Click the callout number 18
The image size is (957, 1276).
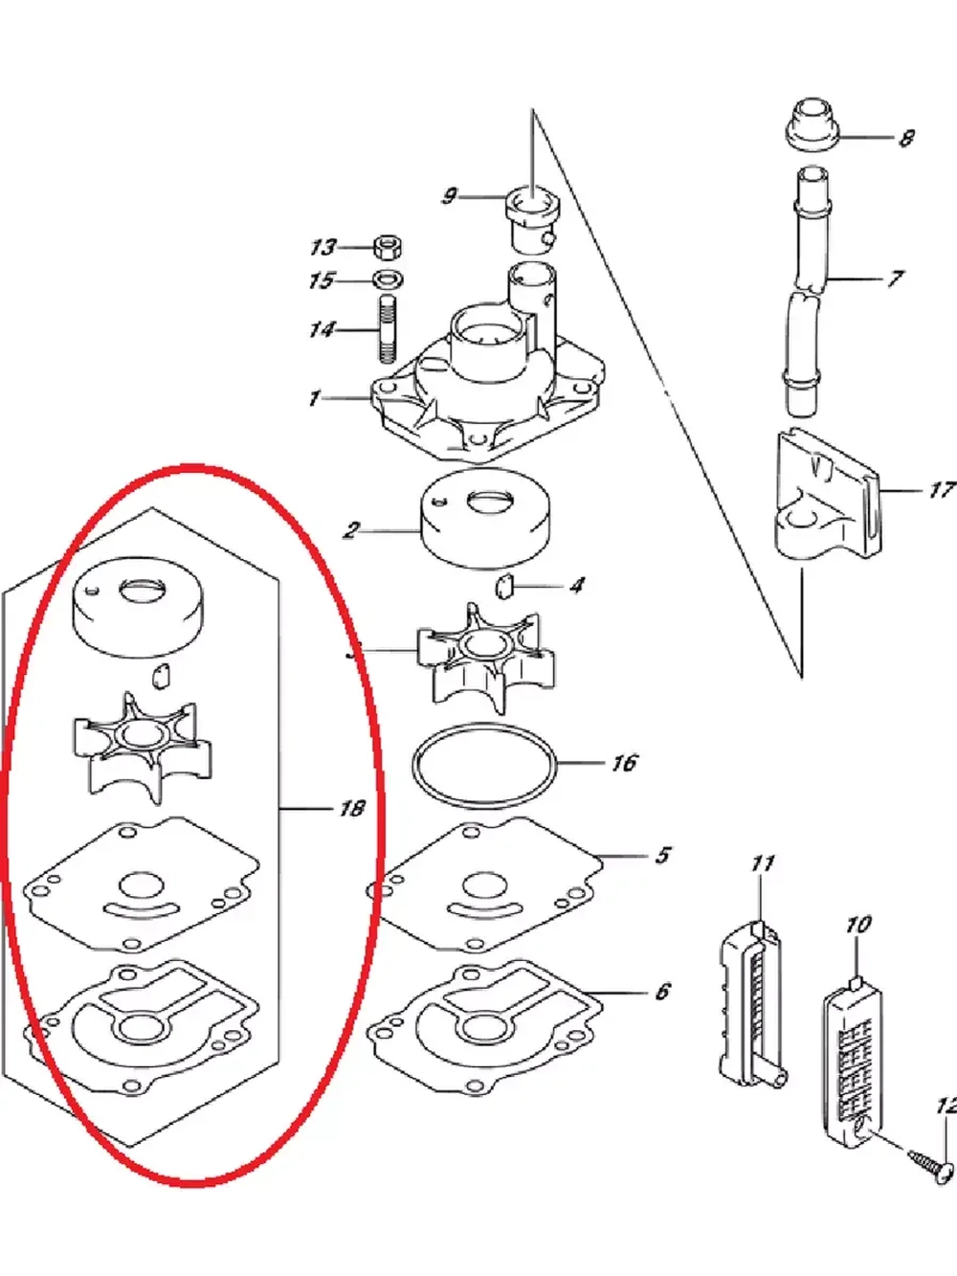point(351,808)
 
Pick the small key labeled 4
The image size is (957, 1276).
point(504,586)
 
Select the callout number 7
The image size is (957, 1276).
point(895,279)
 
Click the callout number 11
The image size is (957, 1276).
point(763,863)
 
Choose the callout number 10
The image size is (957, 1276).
point(858,925)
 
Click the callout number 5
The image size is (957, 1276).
point(663,855)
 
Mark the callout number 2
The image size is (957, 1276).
point(351,530)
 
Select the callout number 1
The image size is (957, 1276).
point(314,399)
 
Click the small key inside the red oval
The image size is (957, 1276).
point(160,675)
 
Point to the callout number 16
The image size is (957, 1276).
point(625,763)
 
